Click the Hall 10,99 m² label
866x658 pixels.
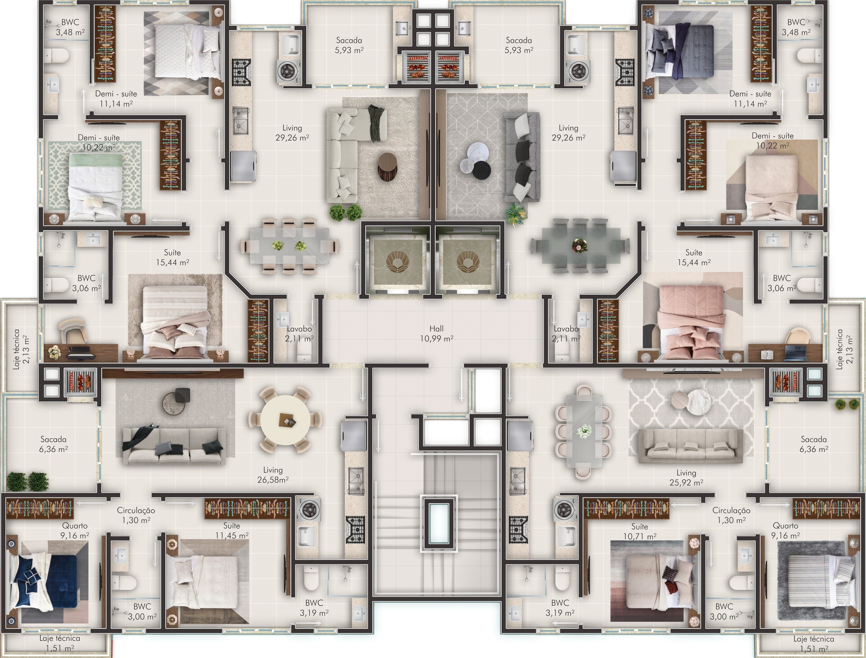(x=437, y=334)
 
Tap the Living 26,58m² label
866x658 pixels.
(x=273, y=475)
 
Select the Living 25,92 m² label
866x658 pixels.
(x=686, y=478)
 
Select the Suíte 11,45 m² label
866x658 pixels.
(x=231, y=530)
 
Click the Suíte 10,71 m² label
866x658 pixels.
(x=639, y=532)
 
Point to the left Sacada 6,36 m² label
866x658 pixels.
(x=53, y=444)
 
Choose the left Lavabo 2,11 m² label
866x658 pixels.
(x=299, y=334)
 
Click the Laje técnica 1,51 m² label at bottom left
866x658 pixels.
(x=60, y=643)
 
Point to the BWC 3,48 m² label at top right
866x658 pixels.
(x=796, y=27)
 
